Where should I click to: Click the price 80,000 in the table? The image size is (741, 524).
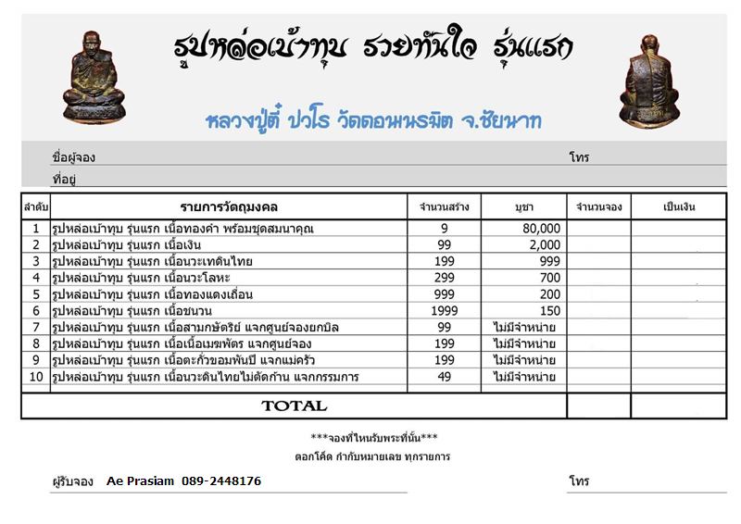(x=542, y=228)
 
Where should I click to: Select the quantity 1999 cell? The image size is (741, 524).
(x=445, y=311)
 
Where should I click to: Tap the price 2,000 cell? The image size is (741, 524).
(x=545, y=244)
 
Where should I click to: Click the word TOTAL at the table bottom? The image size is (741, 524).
(x=294, y=405)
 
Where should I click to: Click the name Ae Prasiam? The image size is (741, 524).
(x=139, y=481)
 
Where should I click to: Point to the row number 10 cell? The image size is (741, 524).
(x=35, y=377)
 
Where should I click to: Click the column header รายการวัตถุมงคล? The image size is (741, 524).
(x=229, y=206)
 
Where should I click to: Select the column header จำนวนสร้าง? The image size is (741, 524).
(x=445, y=206)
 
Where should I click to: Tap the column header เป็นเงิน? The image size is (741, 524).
(x=679, y=206)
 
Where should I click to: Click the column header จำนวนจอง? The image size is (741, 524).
(x=598, y=206)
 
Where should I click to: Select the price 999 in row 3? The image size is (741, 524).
(x=549, y=261)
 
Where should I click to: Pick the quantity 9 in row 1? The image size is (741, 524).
(x=445, y=228)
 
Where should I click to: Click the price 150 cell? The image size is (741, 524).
(x=549, y=311)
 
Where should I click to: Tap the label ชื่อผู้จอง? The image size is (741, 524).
(x=72, y=158)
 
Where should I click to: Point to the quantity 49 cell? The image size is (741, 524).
(x=445, y=377)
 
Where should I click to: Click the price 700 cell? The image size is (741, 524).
(x=549, y=278)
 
